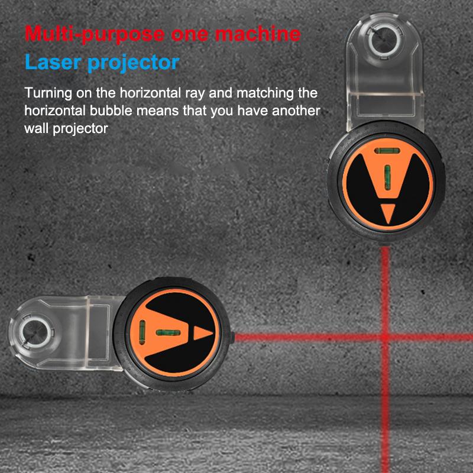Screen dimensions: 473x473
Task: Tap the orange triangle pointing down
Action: click(388, 211)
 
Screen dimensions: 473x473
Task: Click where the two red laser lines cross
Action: click(385, 337)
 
